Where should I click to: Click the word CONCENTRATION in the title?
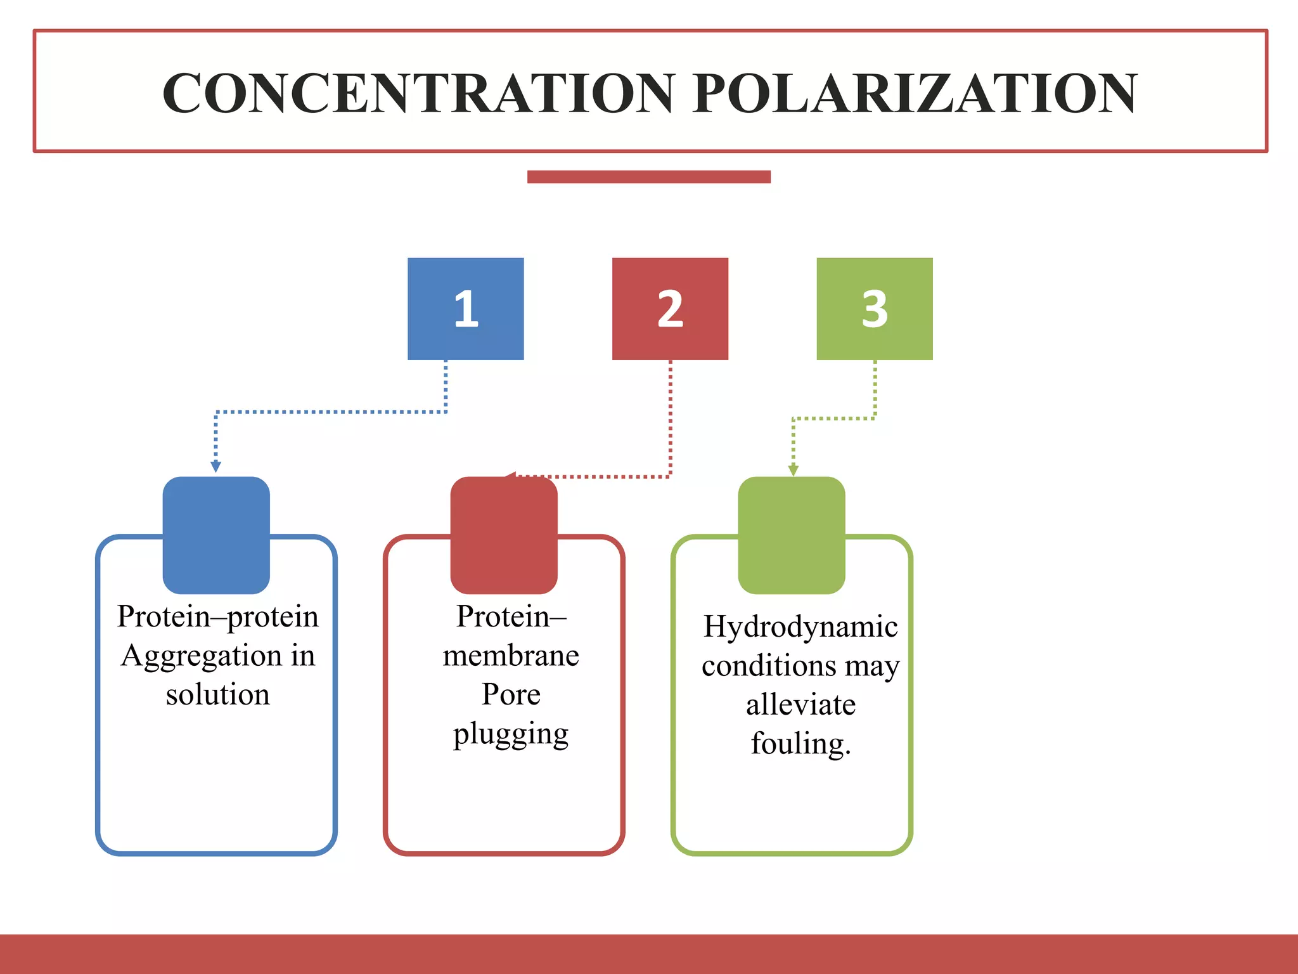click(418, 93)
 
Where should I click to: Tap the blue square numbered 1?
click(465, 309)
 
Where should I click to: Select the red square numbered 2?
click(670, 309)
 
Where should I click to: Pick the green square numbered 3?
click(874, 309)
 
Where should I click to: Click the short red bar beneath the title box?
click(648, 177)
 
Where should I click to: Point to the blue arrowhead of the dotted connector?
click(215, 467)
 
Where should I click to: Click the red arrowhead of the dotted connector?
click(511, 476)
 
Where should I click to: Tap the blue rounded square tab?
click(216, 535)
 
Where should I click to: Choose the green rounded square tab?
click(792, 535)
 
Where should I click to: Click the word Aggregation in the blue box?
click(201, 656)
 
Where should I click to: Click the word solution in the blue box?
click(217, 694)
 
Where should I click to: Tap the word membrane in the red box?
click(511, 656)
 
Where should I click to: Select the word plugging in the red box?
click(511, 734)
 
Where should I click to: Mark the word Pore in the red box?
click(511, 694)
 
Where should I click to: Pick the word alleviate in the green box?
click(800, 705)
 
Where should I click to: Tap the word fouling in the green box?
click(799, 744)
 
